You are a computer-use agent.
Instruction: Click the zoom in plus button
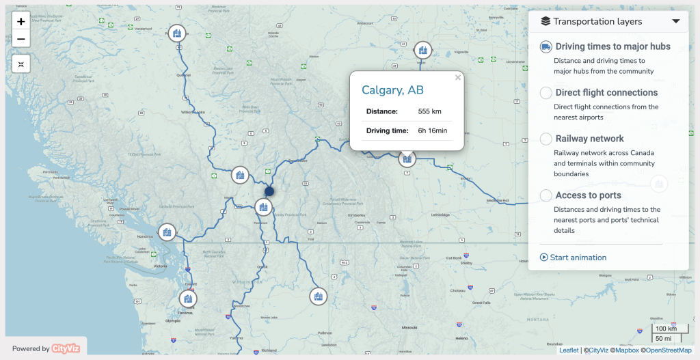[21, 22]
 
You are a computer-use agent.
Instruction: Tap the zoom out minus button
[21, 39]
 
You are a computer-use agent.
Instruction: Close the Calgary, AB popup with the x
[458, 78]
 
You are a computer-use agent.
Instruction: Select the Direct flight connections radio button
[546, 93]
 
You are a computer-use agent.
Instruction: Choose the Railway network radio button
[546, 139]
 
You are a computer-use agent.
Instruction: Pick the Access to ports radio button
[546, 195]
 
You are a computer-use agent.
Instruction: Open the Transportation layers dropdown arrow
[676, 21]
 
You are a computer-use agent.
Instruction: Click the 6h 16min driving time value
[433, 130]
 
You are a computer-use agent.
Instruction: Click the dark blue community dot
[269, 192]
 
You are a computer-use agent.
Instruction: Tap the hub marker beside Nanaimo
[167, 232]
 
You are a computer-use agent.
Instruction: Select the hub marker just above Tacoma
[187, 299]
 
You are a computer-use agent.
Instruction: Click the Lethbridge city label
[440, 215]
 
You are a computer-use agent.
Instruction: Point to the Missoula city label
[409, 327]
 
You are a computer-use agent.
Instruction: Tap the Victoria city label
[161, 266]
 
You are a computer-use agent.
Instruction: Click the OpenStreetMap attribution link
[668, 350]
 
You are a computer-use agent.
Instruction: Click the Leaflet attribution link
[569, 350]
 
